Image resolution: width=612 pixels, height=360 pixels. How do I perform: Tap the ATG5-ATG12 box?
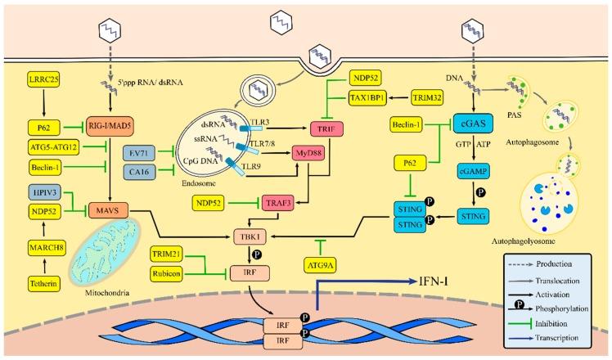click(51, 147)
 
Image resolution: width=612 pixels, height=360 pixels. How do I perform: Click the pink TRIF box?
click(326, 128)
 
